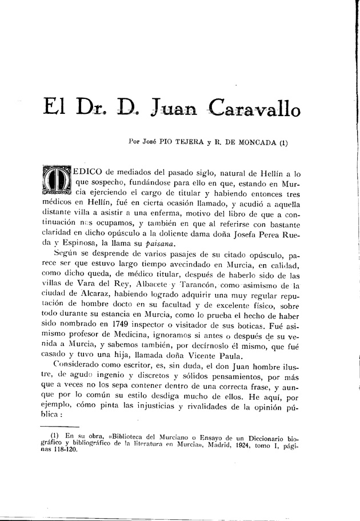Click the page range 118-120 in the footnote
pos(58,451)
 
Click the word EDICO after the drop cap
pos(91,172)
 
